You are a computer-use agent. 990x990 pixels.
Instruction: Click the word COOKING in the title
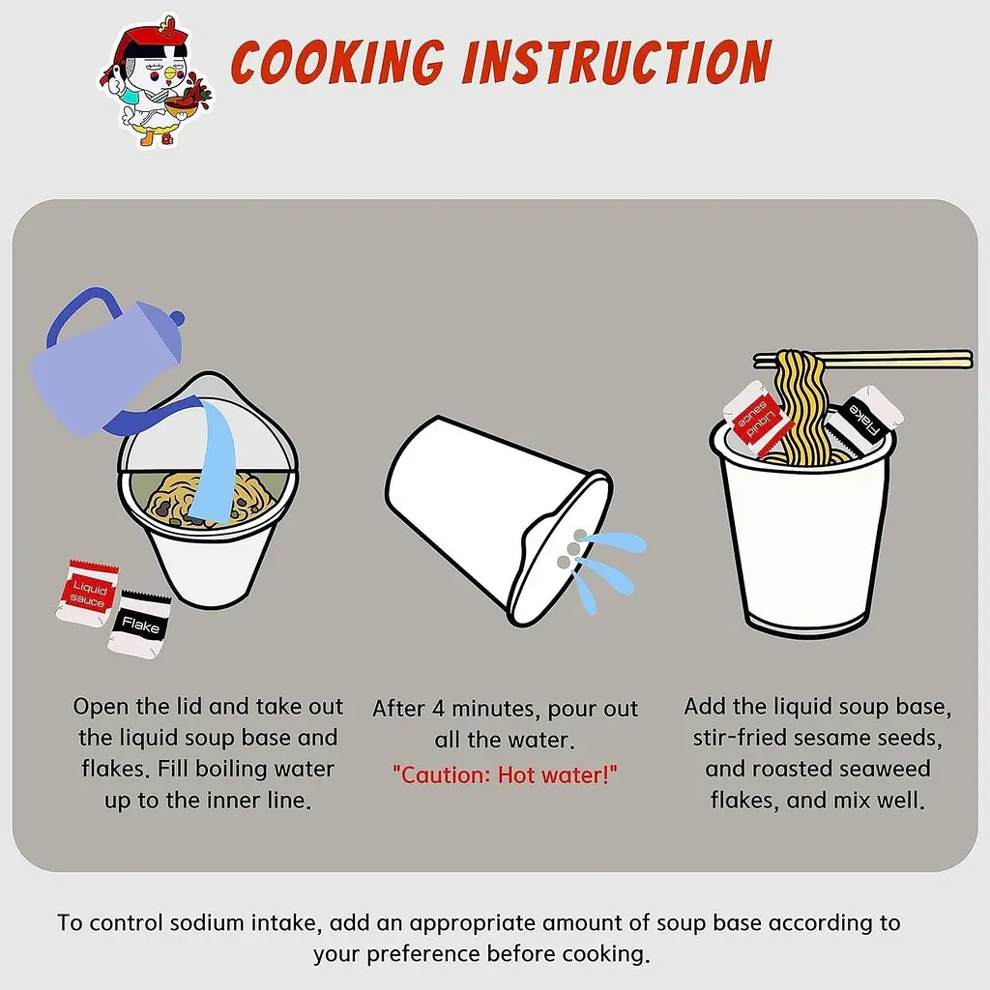pyautogui.click(x=338, y=62)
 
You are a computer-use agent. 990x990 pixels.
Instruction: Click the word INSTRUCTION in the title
pyautogui.click(x=617, y=62)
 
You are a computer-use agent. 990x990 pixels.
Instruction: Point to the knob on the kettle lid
pyautogui.click(x=178, y=316)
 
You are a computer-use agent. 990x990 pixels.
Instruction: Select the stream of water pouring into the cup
pyautogui.click(x=214, y=461)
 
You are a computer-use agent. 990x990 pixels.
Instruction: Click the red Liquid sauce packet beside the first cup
pyautogui.click(x=86, y=593)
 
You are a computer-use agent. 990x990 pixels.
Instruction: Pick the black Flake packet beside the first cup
pyautogui.click(x=139, y=625)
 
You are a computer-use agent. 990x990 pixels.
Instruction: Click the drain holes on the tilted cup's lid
pyautogui.click(x=570, y=548)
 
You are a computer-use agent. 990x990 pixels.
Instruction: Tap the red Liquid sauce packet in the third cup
pyautogui.click(x=757, y=418)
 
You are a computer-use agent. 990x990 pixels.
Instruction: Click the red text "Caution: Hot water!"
pyautogui.click(x=505, y=774)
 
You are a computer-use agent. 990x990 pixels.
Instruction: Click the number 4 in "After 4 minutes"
pyautogui.click(x=438, y=709)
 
